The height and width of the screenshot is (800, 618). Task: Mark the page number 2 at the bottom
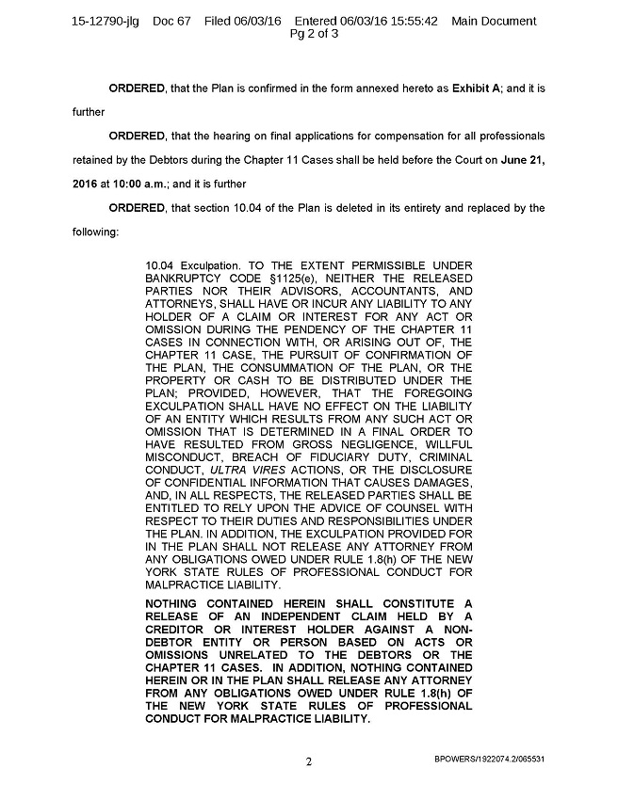tap(308, 760)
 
